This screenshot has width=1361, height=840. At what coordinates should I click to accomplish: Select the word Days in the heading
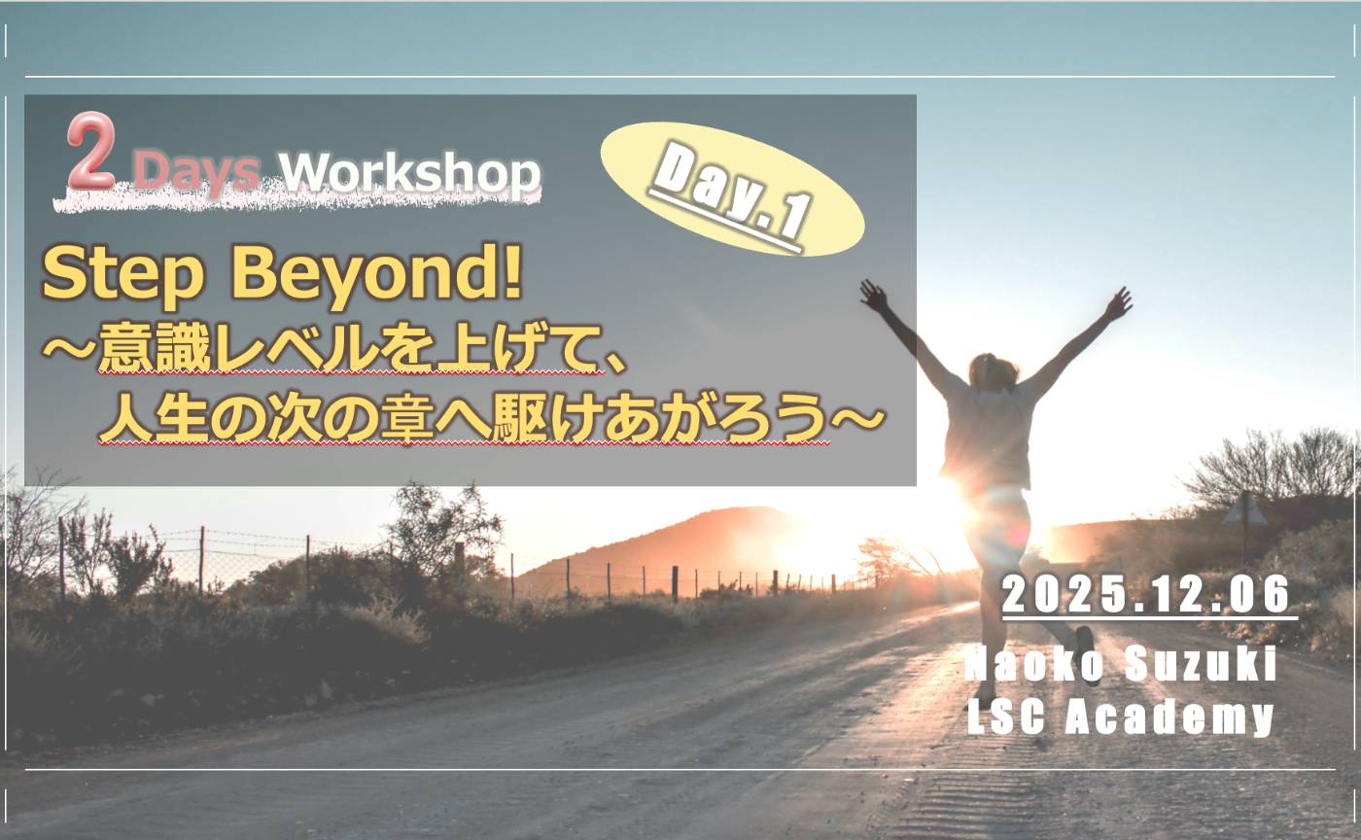[196, 173]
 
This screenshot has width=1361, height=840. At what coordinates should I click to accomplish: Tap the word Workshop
[408, 173]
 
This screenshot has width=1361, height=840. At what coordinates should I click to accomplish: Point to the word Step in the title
[123, 276]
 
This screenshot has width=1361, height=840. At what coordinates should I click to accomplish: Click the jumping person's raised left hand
[872, 293]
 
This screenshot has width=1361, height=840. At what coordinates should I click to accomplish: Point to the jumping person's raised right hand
[1119, 302]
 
